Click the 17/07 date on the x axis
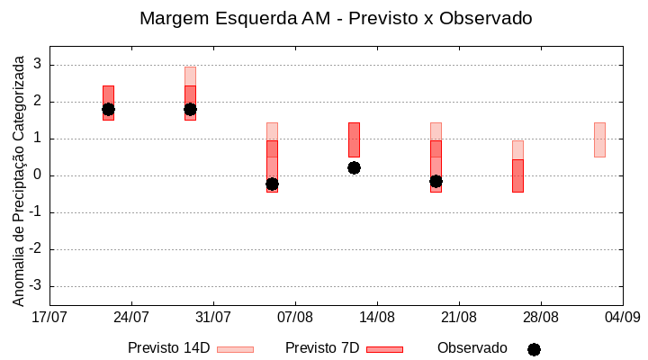[49, 317]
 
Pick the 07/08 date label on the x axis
[295, 317]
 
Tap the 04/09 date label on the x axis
[622, 317]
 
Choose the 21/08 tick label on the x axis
[459, 317]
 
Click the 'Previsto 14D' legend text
[168, 348]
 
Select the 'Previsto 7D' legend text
[321, 348]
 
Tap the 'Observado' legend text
[472, 348]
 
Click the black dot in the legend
[534, 349]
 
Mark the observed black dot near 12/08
[354, 167]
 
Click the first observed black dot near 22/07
[108, 110]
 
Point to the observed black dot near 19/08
[436, 181]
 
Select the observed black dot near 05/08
[272, 184]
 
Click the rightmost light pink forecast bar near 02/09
[599, 139]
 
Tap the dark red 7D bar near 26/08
[517, 175]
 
